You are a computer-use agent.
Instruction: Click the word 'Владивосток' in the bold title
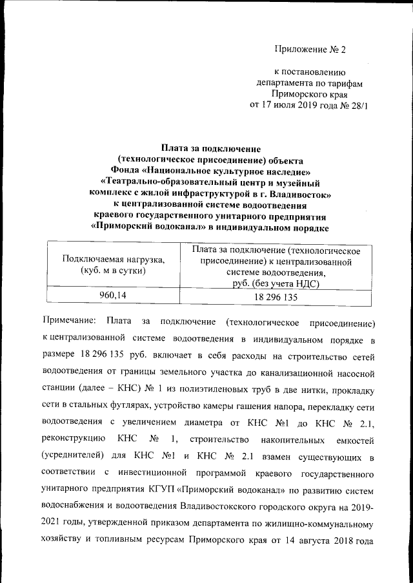point(301,193)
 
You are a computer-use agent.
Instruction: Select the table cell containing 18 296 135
point(276,297)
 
